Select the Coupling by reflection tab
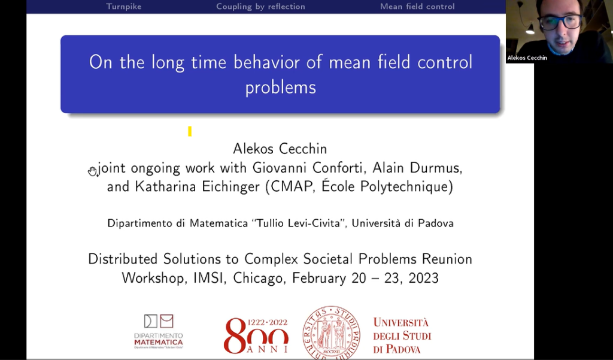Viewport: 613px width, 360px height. [260, 7]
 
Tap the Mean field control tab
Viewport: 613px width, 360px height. [417, 7]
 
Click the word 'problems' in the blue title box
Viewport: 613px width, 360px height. [280, 87]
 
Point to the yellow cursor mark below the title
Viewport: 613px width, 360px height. [190, 131]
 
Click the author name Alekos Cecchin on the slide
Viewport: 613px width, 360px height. [280, 149]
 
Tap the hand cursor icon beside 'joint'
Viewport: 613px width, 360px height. [93, 171]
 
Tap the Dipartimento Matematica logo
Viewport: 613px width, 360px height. [159, 331]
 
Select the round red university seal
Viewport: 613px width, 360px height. [331, 332]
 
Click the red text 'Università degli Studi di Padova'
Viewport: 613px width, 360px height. [402, 335]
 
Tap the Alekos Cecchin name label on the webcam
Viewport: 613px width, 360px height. [527, 58]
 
